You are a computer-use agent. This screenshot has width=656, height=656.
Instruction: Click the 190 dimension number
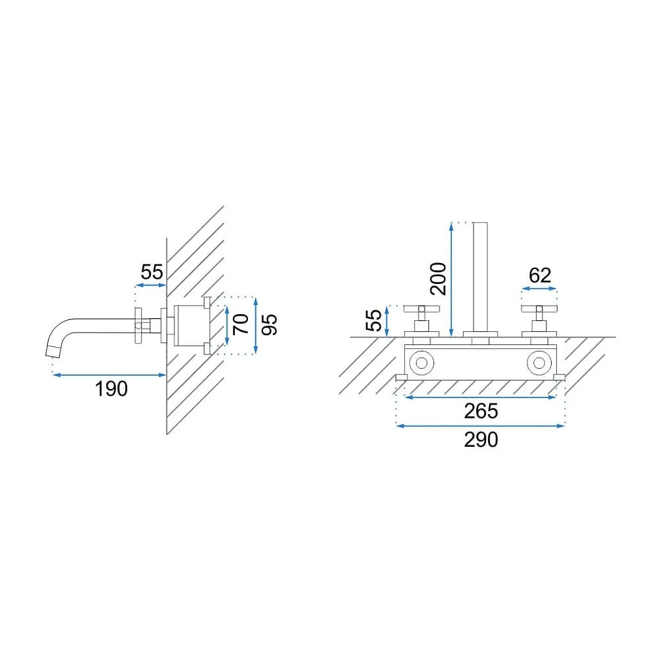click(112, 389)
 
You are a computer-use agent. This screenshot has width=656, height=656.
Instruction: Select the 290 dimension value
click(481, 440)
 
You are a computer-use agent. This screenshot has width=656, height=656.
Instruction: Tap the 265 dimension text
click(481, 411)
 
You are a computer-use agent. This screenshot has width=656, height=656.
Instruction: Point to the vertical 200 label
click(438, 279)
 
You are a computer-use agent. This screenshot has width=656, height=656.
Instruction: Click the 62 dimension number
click(540, 276)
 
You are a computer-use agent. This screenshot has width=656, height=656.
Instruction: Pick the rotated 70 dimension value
click(241, 324)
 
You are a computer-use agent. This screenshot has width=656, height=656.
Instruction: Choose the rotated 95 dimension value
click(270, 325)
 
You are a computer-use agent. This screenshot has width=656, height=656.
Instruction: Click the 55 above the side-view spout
click(152, 272)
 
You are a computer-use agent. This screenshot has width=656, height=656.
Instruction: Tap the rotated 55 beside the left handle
click(374, 320)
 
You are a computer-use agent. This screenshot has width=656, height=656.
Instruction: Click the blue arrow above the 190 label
click(110, 375)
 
